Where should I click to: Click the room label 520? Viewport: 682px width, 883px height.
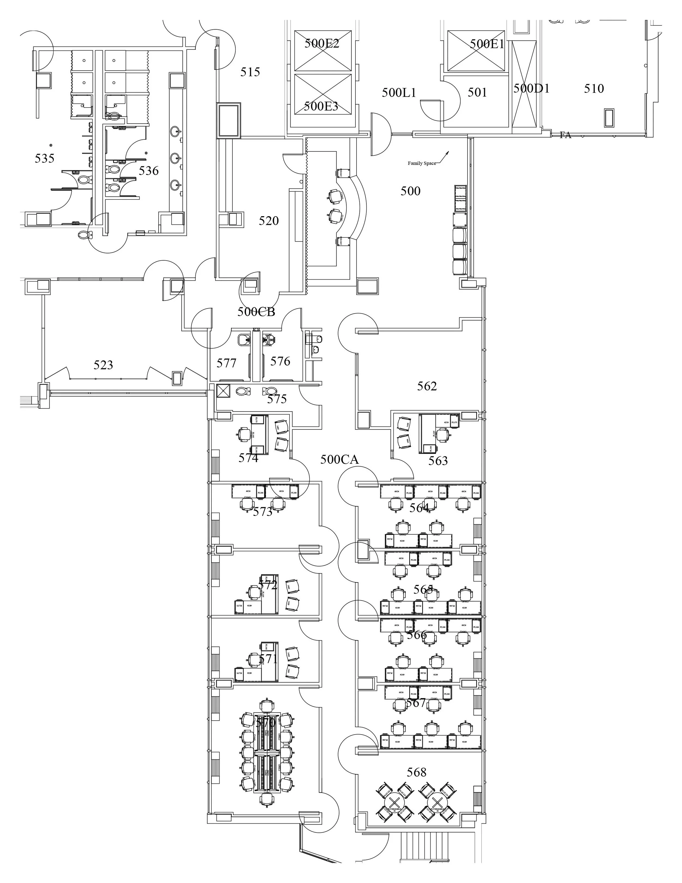269,221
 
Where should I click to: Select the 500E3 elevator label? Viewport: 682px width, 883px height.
321,106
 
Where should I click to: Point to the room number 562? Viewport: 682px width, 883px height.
427,386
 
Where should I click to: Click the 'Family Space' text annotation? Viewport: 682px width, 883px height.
421,163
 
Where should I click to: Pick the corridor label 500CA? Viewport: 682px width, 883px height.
339,459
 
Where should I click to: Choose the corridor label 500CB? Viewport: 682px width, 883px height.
256,312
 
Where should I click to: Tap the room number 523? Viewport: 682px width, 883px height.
103,365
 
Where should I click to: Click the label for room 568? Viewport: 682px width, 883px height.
417,772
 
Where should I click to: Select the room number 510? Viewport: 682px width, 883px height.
594,88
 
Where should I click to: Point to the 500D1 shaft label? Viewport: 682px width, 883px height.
531,88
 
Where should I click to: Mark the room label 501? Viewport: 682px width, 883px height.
477,93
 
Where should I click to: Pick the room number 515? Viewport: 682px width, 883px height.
250,72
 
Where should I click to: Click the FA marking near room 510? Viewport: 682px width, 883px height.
565,135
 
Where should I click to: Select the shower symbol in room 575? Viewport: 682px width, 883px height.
223,391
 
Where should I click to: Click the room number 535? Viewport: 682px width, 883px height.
44,158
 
